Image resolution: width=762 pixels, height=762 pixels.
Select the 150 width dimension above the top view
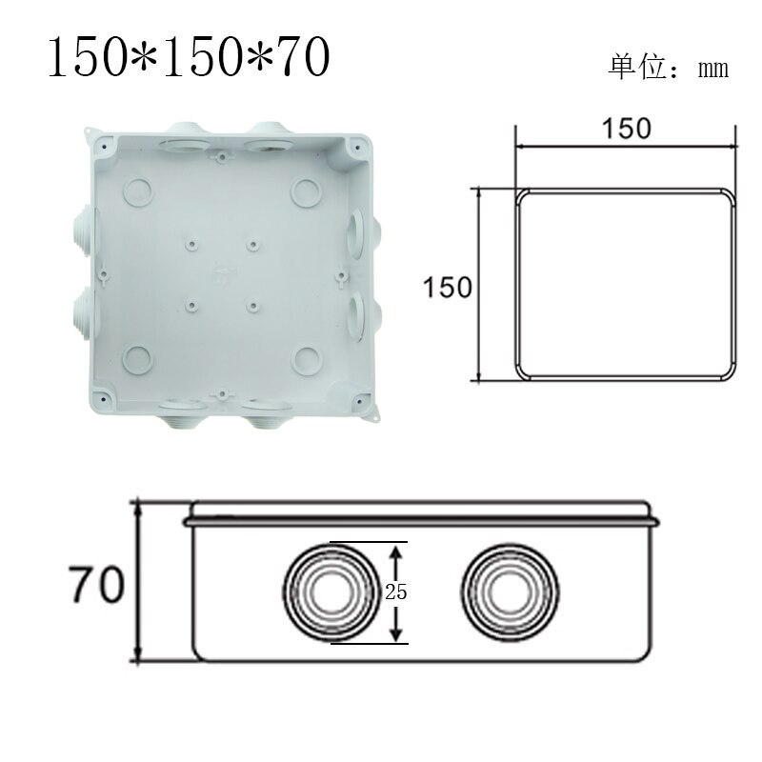coord(626,128)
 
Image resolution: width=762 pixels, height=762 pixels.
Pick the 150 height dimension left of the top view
coord(448,286)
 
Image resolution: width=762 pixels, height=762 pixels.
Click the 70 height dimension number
coord(96,584)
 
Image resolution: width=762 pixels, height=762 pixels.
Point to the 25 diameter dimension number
coord(396,592)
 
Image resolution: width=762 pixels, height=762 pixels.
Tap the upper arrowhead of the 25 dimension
coord(397,551)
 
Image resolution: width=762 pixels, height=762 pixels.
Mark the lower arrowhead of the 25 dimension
coord(397,633)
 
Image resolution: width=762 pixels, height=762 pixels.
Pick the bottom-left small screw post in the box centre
coord(190,307)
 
